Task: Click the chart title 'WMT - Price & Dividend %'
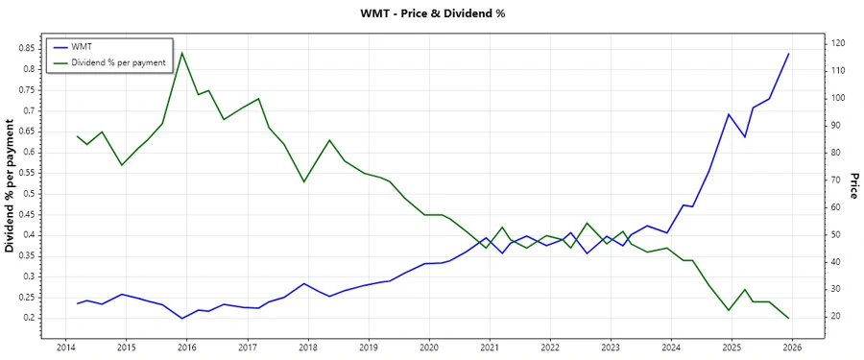[x=431, y=13]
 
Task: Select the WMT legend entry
[x=81, y=46]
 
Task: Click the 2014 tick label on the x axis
[x=65, y=348]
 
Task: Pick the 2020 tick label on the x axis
[x=428, y=348]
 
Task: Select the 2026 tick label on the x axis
[x=791, y=348]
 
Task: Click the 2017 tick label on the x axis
[x=247, y=348]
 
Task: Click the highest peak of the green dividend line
[x=182, y=53]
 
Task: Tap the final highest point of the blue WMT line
[x=788, y=54]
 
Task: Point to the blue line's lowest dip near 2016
[x=182, y=318]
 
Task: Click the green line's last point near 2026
[x=788, y=318]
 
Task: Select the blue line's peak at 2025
[x=729, y=114]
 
